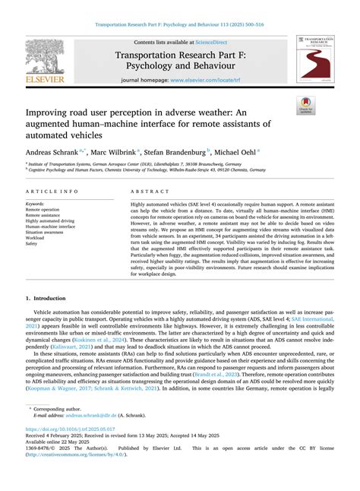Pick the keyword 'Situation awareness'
tap(48, 231)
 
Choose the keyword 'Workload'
tap(37, 238)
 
